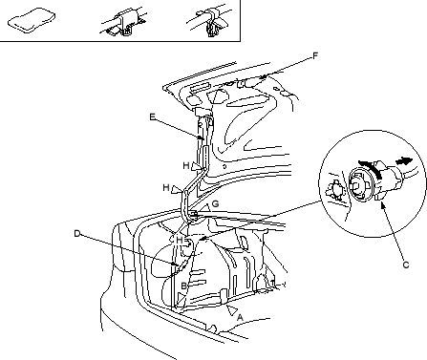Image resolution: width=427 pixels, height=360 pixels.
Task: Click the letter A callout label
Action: pyautogui.click(x=240, y=317)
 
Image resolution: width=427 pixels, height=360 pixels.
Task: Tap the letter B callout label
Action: pyautogui.click(x=183, y=286)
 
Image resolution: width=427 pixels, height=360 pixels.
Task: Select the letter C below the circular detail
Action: pyautogui.click(x=406, y=265)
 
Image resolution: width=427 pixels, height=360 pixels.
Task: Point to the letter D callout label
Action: pyautogui.click(x=77, y=234)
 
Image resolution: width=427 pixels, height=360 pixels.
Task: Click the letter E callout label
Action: pyautogui.click(x=153, y=116)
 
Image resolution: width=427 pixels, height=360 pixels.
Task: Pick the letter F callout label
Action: pyautogui.click(x=315, y=56)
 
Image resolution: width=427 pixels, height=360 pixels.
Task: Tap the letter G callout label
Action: pyautogui.click(x=215, y=203)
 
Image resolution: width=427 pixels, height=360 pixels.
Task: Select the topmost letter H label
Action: pyautogui.click(x=186, y=165)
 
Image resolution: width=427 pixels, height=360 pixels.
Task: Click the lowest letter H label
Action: pyautogui.click(x=180, y=240)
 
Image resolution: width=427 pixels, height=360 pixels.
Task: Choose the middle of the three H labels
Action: pyautogui.click(x=166, y=187)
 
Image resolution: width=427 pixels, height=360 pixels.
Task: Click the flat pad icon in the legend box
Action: pyautogui.click(x=32, y=20)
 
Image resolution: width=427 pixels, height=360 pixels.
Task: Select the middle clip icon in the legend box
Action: pyautogui.click(x=124, y=22)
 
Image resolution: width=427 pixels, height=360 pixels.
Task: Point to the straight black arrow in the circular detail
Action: pyautogui.click(x=404, y=161)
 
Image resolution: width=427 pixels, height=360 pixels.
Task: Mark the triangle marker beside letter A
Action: pyautogui.click(x=232, y=309)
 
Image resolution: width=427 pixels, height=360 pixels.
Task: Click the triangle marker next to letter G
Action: pyautogui.click(x=206, y=207)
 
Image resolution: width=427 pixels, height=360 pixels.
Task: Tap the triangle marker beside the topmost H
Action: pyautogui.click(x=197, y=167)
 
